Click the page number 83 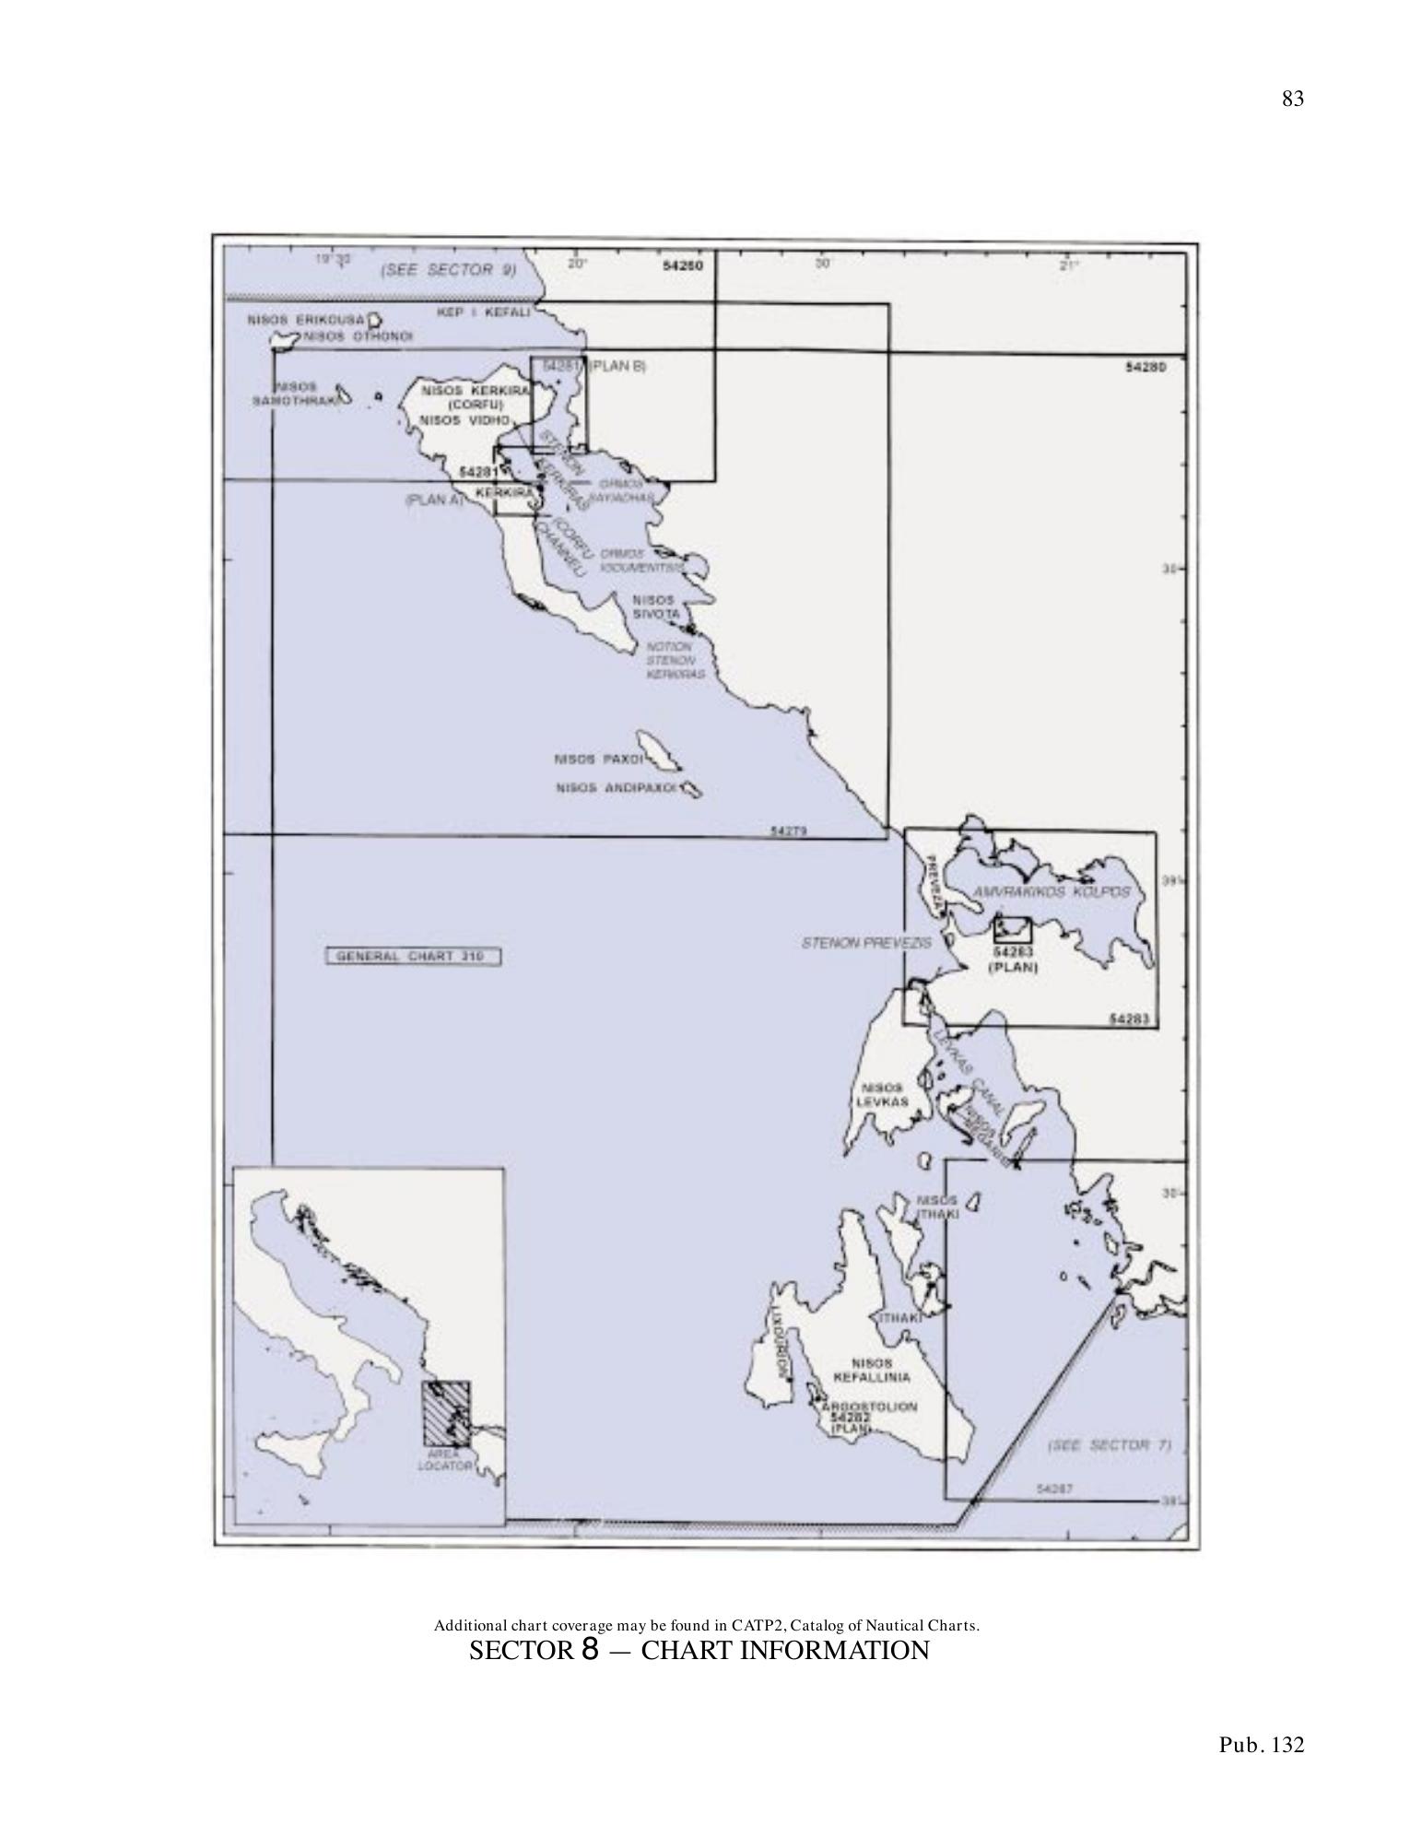pyautogui.click(x=1292, y=100)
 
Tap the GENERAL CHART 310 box pyautogui.click(x=413, y=956)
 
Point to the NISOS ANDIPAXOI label pyautogui.click(x=617, y=789)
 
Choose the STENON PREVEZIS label pyautogui.click(x=865, y=943)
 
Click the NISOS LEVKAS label pyautogui.click(x=882, y=1095)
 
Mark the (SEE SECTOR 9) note pyautogui.click(x=448, y=271)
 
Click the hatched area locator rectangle pyautogui.click(x=446, y=1413)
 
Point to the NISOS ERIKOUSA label pyautogui.click(x=306, y=320)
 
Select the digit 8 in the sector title pyautogui.click(x=591, y=1650)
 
